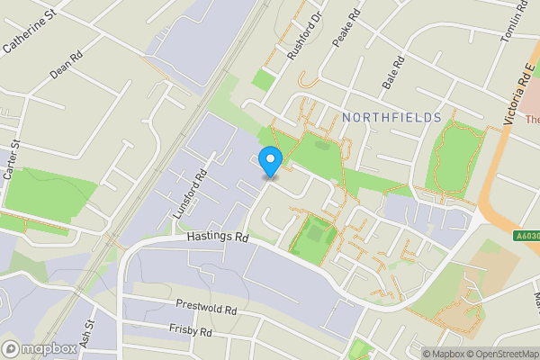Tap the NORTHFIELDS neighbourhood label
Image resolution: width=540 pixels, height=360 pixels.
click(x=391, y=118)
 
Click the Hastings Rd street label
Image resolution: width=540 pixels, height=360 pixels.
click(x=218, y=237)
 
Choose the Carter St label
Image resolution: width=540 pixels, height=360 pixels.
click(x=12, y=161)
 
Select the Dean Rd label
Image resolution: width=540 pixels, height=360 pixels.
click(x=67, y=65)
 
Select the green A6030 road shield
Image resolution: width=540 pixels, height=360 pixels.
click(x=527, y=237)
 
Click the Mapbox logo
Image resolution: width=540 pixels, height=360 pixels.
click(x=40, y=349)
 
